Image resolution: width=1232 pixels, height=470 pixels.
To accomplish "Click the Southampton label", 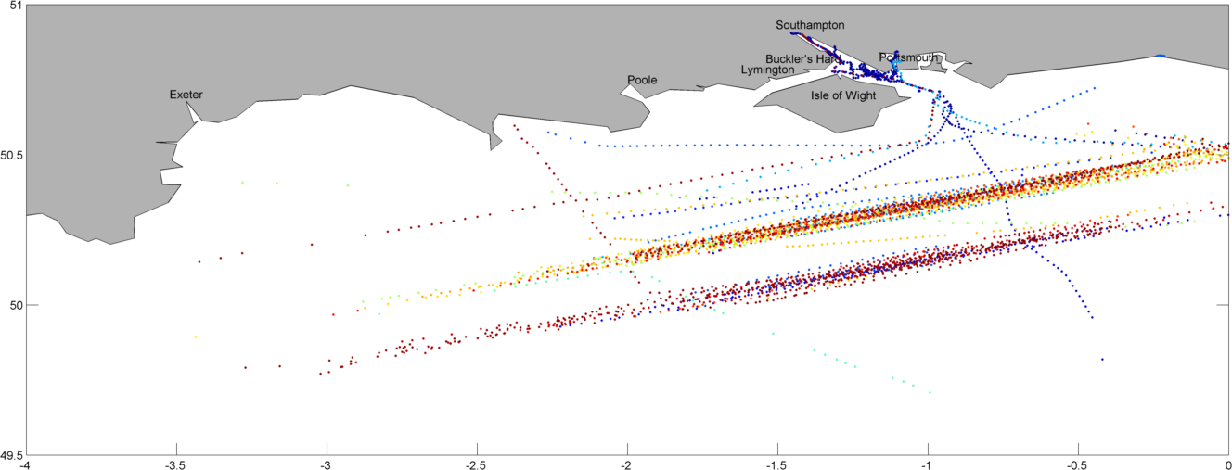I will click(810, 25).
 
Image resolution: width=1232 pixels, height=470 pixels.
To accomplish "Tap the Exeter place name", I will click(186, 95).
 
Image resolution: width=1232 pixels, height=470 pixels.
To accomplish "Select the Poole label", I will click(642, 80).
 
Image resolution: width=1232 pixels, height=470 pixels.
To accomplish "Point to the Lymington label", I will click(767, 70).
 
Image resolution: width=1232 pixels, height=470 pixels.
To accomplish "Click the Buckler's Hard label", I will click(802, 58).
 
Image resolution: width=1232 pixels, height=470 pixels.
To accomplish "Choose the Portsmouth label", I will click(908, 57).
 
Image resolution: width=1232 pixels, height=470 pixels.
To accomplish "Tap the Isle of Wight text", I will click(842, 95).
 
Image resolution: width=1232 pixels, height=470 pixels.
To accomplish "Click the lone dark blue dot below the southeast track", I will click(1102, 359).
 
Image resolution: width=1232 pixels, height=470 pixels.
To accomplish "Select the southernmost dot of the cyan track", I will click(929, 392).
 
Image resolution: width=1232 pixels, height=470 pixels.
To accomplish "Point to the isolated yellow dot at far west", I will click(195, 337).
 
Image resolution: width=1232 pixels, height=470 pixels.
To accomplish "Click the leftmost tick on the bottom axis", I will click(176, 449).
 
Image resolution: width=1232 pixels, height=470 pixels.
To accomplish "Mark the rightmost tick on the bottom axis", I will click(1078, 449).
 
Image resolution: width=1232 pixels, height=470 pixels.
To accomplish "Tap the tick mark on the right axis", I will click(1224, 304).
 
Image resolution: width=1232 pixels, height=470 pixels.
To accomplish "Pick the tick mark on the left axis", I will click(32, 304).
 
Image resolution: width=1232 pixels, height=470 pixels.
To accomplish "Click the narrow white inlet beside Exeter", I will click(193, 112).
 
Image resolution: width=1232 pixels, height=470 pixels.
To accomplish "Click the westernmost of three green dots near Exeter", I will click(242, 183).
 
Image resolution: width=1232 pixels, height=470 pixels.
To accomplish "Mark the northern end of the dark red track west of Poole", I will click(514, 126).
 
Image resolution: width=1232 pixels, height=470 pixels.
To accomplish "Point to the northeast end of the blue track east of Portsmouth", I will click(1096, 89).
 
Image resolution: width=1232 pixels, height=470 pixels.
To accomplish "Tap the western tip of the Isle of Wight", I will click(755, 104).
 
